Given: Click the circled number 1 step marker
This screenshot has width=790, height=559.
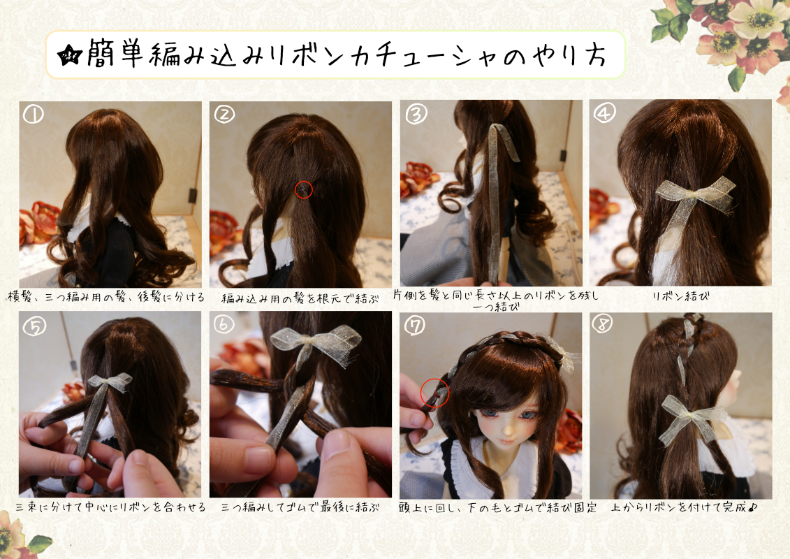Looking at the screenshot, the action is coord(34,115).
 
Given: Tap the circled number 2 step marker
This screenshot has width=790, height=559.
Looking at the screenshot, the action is coord(224,114).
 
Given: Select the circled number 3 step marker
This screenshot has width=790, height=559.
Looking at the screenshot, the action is coord(416,115).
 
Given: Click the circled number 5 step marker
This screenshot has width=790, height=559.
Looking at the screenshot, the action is coord(34,326).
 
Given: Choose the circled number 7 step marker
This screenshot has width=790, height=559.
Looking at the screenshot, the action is coord(415,326).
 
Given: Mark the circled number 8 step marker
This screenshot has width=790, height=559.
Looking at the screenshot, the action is coord(603,324).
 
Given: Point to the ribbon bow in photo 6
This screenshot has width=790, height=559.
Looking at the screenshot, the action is coord(315,343).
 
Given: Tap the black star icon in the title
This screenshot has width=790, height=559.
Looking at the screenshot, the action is coord(70,55).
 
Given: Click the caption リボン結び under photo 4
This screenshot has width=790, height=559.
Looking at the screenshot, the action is coord(680,296).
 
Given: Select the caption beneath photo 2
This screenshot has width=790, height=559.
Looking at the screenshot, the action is coord(300,299).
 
